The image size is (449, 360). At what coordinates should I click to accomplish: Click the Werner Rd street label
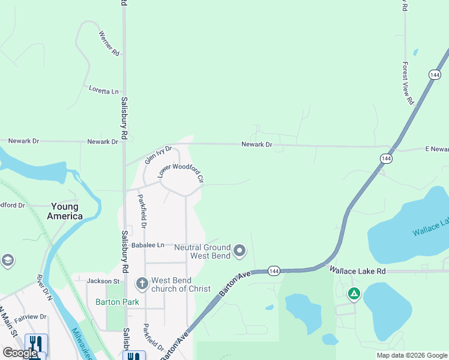click(109, 44)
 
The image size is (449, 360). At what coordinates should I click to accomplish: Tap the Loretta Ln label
click(104, 91)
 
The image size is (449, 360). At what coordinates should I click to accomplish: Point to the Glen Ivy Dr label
click(158, 155)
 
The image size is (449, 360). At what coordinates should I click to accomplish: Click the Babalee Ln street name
click(148, 245)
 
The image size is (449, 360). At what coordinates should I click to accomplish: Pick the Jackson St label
click(103, 281)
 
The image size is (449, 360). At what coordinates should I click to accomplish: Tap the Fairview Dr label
click(31, 316)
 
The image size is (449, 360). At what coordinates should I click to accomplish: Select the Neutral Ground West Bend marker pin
click(240, 250)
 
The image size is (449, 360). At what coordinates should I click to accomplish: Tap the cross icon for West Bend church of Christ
click(142, 283)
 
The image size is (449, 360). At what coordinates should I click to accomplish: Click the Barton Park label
click(117, 302)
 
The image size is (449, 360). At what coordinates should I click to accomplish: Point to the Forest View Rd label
click(408, 83)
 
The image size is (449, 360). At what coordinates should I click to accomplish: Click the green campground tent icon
click(354, 293)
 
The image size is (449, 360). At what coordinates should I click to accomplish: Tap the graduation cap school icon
click(8, 260)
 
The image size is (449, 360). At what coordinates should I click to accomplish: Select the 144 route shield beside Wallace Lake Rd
click(274, 271)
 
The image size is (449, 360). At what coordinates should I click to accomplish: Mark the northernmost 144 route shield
click(435, 74)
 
